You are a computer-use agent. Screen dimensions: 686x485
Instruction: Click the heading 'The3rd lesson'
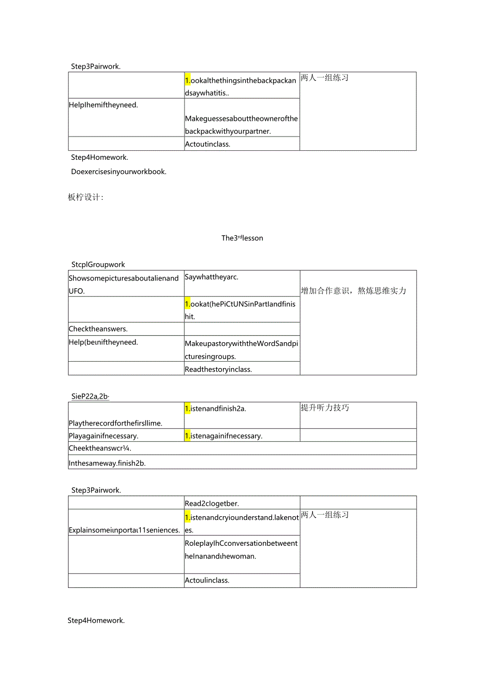pos(242,238)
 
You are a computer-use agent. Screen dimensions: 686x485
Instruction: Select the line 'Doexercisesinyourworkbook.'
pos(119,171)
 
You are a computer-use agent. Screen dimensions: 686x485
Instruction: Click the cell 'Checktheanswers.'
pos(98,329)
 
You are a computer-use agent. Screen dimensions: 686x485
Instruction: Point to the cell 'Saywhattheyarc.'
pos(212,277)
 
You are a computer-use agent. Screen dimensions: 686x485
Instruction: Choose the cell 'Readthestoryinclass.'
pos(218,369)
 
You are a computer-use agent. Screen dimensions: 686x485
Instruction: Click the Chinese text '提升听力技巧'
pos(325,408)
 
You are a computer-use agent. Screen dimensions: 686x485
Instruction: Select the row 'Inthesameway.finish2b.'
pos(106,463)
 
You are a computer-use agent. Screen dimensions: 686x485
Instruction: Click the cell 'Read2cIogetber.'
pos(212,504)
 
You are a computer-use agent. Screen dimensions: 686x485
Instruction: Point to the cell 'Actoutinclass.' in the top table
pos(208,144)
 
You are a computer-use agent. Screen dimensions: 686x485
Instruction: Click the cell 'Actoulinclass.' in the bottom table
pos(207,581)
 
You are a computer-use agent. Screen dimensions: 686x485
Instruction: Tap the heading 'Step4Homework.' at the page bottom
pos(96,621)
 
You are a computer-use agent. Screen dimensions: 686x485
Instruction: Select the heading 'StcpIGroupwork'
pos(98,265)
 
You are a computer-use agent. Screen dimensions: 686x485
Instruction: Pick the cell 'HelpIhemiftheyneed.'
pos(103,105)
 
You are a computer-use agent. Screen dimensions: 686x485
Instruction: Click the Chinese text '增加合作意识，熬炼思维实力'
pos(353,291)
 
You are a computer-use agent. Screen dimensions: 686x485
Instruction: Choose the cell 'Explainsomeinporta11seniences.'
pos(124,530)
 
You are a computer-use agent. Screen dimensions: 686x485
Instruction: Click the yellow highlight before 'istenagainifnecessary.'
pos(187,436)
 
